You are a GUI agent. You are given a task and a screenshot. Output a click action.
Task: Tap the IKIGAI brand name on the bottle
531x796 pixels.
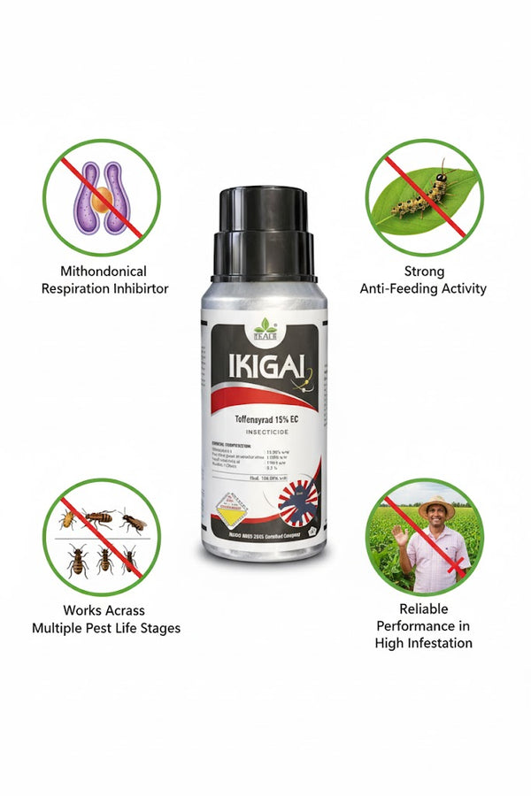point(247,367)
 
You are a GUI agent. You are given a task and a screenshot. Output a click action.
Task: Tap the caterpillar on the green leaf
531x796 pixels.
point(420,195)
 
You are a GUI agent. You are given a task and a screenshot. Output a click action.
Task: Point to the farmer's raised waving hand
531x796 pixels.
point(398,535)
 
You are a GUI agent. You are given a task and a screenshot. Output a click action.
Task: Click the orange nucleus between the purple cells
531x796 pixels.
point(103,198)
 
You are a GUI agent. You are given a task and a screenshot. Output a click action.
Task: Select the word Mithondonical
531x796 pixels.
point(103,271)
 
